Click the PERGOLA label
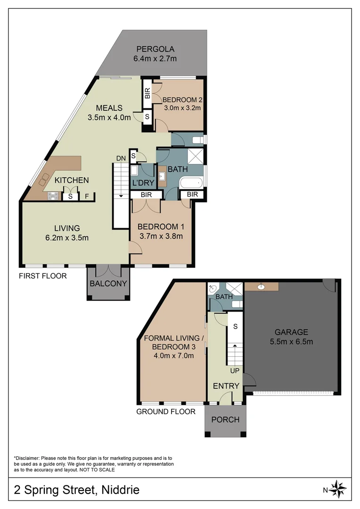[155, 49]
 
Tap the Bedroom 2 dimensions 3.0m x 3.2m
[181, 108]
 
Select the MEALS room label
[109, 107]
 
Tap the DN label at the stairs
[121, 158]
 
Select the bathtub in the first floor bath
[190, 183]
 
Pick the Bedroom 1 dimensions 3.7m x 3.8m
[160, 236]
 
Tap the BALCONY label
[108, 283]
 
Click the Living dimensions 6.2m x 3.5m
[66, 238]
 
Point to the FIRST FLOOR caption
[42, 276]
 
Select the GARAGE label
[292, 332]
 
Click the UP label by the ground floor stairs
[235, 371]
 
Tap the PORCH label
[225, 419]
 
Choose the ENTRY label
[226, 386]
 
